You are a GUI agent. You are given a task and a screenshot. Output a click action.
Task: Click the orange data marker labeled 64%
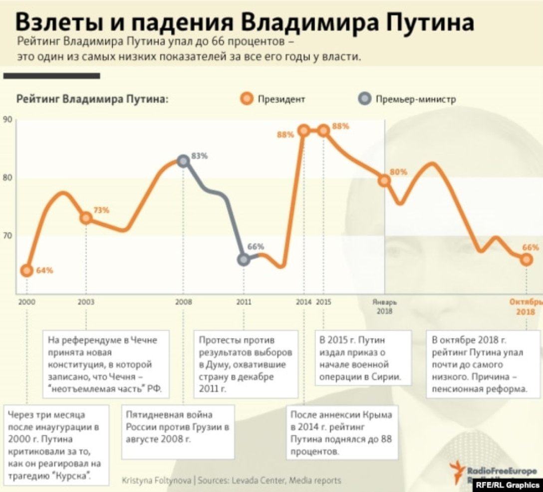pos(26,270)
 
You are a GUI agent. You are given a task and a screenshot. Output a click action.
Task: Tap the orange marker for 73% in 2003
pos(86,218)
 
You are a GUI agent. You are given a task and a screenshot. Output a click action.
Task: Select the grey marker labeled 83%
pos(183,161)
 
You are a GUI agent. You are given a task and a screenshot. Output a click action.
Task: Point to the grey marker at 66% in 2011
pos(244,259)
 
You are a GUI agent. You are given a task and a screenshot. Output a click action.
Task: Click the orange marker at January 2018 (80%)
pos(384,181)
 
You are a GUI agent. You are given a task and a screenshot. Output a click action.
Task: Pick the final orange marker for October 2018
pos(527,259)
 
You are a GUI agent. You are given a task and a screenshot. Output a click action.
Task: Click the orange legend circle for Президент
pos(246,99)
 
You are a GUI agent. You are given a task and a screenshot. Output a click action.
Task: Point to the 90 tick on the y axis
pos(7,120)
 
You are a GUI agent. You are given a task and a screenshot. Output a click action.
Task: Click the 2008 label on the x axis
pos(183,302)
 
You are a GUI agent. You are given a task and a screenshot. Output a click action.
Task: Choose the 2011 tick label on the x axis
pos(244,302)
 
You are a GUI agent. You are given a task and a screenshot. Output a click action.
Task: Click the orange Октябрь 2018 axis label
pos(525,306)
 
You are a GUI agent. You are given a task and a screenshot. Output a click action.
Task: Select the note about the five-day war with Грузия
pos(178,432)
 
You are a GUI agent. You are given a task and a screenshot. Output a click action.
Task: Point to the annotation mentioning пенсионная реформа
pos(482,365)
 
